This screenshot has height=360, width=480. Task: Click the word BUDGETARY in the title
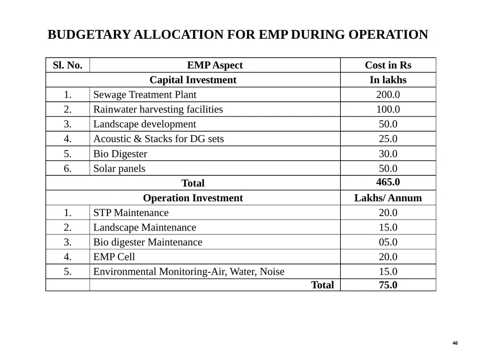90,35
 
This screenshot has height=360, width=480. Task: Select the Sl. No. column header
67,65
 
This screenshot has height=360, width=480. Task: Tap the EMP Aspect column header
215,65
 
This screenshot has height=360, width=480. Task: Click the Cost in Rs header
388,65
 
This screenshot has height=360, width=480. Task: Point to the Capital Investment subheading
193,80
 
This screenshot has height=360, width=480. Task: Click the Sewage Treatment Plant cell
144,95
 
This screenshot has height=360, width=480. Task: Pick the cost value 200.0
388,95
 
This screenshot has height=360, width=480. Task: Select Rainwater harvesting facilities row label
158,109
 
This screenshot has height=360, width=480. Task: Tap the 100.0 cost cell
388,109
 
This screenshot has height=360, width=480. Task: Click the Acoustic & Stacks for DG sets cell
158,139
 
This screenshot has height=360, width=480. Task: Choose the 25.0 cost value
388,139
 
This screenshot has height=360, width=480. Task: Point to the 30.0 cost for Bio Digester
388,154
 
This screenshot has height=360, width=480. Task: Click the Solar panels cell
119,169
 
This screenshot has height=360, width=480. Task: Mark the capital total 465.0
388,182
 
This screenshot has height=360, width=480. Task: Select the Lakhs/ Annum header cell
388,198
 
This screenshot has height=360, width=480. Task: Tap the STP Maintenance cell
131,213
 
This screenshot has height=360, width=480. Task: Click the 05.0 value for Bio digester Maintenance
388,242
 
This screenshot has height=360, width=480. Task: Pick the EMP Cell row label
114,257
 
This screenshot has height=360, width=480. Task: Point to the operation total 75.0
388,285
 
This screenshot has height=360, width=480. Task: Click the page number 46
455,343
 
